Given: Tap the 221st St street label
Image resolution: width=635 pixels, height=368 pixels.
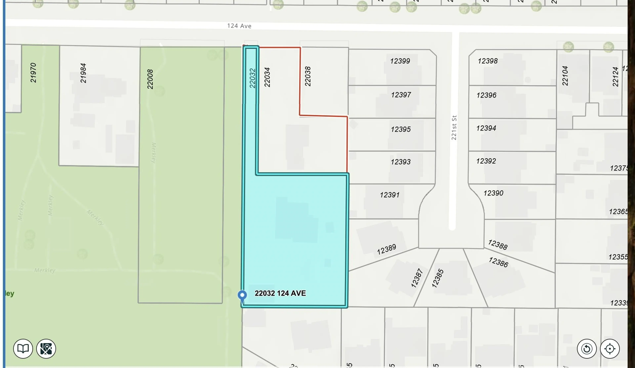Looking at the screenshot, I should click(454, 128).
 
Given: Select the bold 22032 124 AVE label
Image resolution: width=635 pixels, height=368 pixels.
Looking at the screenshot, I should click(280, 293).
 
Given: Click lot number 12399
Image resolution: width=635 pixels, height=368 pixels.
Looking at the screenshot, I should click(400, 61).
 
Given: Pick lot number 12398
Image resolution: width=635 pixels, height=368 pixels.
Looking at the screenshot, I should click(488, 61).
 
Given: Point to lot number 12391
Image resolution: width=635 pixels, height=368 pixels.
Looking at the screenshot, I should click(390, 195).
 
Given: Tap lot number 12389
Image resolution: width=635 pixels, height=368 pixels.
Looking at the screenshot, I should click(386, 249).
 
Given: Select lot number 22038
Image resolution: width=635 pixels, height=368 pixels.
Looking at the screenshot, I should click(308, 76).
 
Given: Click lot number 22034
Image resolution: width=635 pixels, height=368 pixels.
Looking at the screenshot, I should click(267, 77).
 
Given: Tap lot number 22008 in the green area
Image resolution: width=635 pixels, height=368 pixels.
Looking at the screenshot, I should click(150, 79).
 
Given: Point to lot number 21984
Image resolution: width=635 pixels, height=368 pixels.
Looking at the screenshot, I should click(83, 73).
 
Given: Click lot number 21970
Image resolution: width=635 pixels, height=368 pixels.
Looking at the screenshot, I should click(33, 73).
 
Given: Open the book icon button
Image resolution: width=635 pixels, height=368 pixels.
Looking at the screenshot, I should click(23, 349).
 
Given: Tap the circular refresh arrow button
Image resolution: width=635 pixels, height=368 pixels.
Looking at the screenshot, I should click(587, 349).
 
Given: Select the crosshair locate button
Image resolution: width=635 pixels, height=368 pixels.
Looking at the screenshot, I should click(610, 349).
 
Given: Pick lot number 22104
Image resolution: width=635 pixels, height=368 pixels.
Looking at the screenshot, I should click(565, 76).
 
